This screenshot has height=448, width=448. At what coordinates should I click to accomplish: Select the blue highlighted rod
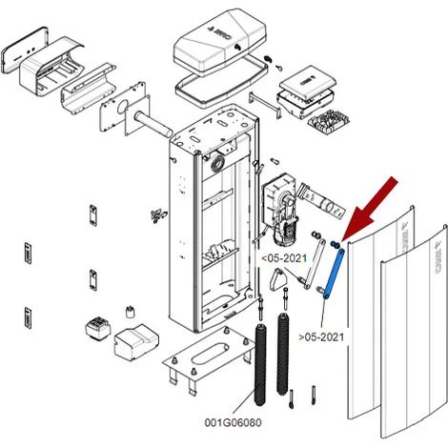click(x=334, y=274)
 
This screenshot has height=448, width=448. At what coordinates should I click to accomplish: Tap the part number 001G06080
click(x=233, y=423)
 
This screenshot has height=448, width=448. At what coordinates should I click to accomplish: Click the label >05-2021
click(x=321, y=337)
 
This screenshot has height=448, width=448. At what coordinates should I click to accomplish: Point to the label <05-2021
click(x=284, y=258)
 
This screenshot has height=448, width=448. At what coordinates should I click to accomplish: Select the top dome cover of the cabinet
click(x=221, y=42)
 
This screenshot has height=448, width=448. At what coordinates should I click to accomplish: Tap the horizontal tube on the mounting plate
click(x=153, y=123)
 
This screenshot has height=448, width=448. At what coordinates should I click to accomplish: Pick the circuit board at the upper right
click(x=328, y=122)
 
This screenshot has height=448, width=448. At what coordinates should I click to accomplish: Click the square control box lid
click(x=308, y=82)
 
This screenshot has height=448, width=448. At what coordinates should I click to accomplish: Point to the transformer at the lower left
click(x=98, y=328)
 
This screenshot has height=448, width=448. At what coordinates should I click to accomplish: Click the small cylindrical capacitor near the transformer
click(x=129, y=312)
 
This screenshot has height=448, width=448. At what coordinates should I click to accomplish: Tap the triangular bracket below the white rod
click(x=277, y=279)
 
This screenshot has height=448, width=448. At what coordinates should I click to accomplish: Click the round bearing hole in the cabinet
click(x=217, y=164)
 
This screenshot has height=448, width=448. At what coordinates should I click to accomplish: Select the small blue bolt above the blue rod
click(x=336, y=244)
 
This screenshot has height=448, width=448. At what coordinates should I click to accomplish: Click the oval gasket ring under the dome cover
click(x=221, y=81)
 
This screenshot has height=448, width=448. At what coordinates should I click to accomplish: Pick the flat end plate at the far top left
click(x=25, y=51)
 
